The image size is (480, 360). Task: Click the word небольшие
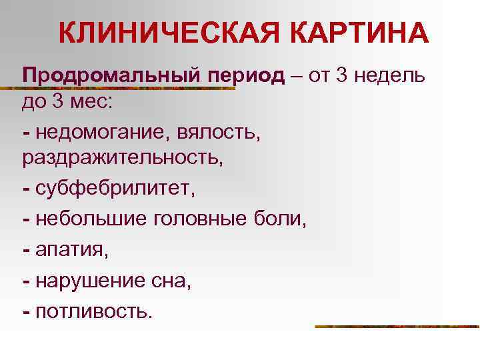(x=91, y=218)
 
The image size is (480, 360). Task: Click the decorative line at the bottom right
(x=397, y=327)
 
